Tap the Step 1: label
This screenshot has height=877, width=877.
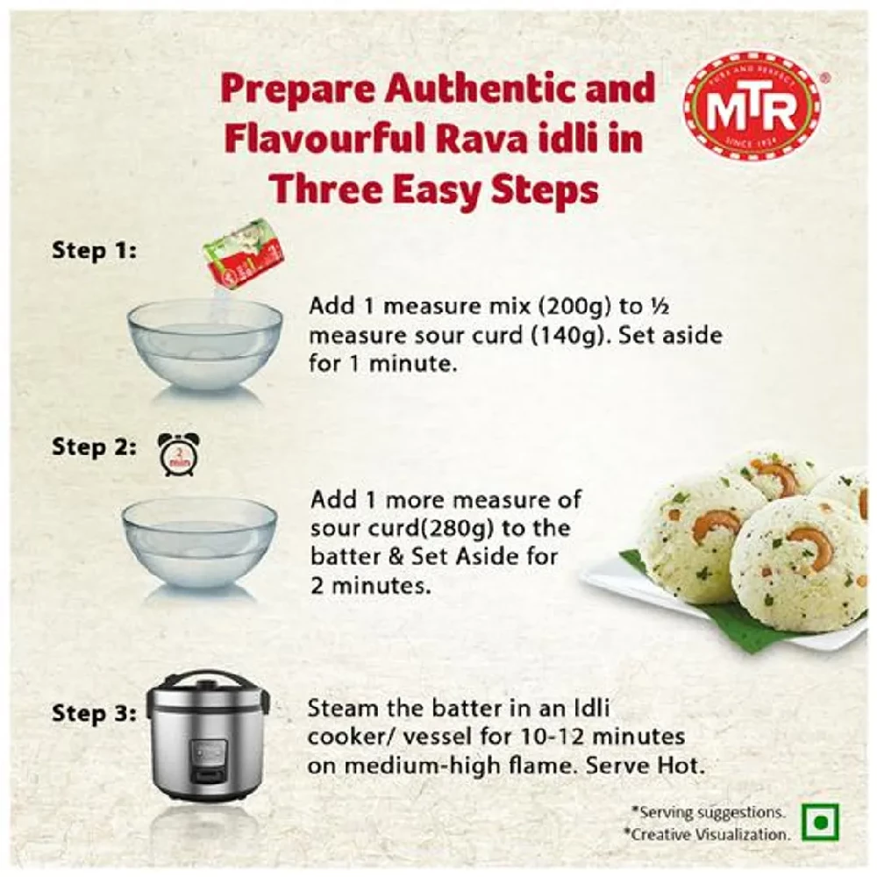[x=94, y=250]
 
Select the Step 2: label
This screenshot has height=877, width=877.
[x=94, y=446]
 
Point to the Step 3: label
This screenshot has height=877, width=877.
[x=94, y=713]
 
